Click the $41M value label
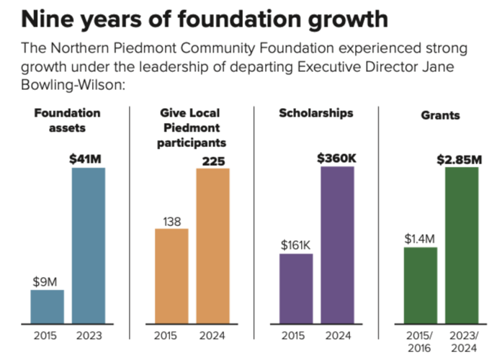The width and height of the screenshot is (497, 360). (88, 158)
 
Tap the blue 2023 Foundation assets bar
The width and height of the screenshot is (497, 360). (88, 245)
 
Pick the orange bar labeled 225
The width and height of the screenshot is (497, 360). (212, 245)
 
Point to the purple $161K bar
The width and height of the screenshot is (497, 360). (296, 288)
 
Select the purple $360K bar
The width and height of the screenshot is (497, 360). (337, 244)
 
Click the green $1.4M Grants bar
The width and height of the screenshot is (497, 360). (421, 285)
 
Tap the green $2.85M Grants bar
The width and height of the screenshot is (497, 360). (462, 244)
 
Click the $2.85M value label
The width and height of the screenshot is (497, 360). (460, 158)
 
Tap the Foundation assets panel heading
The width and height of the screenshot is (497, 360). (67, 120)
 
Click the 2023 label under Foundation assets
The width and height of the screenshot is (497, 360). (88, 335)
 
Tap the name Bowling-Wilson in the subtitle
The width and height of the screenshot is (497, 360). (71, 85)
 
